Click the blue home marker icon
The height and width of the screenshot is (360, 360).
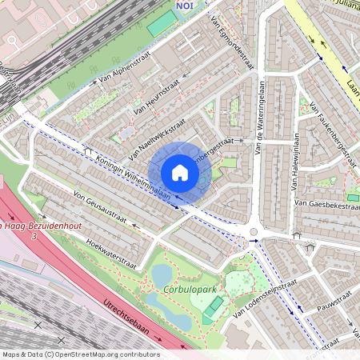click(x=180, y=172)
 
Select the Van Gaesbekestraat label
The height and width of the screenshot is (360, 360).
click(x=323, y=205)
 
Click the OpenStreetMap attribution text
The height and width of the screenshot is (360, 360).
click(x=80, y=354)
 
